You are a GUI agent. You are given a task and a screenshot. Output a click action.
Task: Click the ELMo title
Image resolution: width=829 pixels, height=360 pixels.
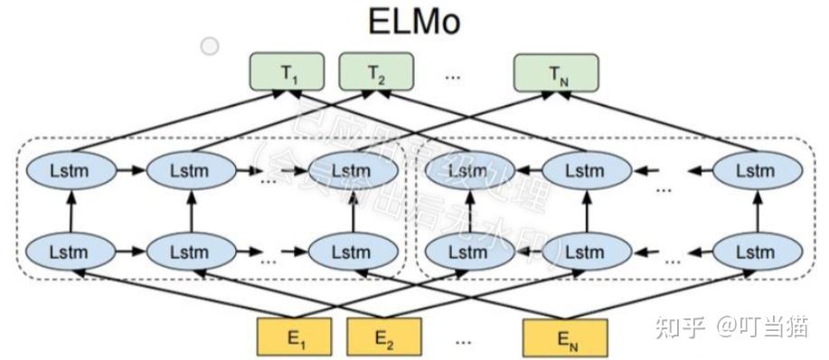[414, 22]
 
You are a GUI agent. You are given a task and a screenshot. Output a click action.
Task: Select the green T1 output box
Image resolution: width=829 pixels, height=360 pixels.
[287, 73]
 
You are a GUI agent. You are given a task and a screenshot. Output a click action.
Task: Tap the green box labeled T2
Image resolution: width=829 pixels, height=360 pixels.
[375, 73]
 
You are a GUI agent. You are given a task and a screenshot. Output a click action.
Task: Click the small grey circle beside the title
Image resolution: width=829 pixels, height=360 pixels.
[210, 45]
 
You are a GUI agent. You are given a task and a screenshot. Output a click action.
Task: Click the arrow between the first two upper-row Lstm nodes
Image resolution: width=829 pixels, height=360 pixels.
[128, 171]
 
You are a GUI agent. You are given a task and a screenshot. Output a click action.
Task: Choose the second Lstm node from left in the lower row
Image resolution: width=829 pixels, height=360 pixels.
[190, 250]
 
